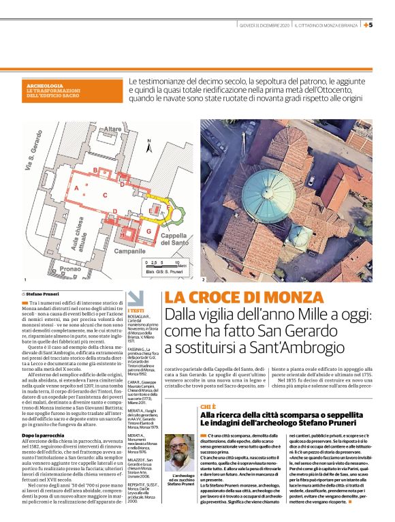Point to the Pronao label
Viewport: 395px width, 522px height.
pyautogui.click(x=68, y=271)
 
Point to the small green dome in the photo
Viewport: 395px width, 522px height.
pyautogui.click(x=300, y=234)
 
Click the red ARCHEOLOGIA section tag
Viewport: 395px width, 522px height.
pyautogui.click(x=47, y=86)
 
